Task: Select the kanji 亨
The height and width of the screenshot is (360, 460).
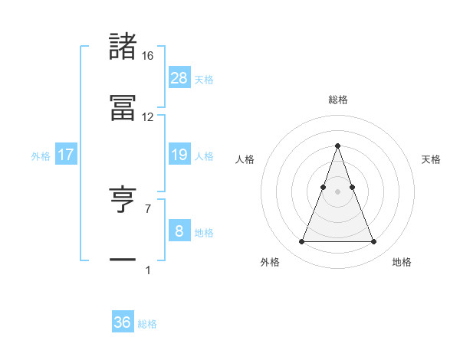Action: point(123,201)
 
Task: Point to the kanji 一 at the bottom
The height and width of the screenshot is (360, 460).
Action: point(123,260)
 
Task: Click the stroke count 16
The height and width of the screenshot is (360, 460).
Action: point(148,56)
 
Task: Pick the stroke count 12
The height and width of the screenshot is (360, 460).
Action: point(148,117)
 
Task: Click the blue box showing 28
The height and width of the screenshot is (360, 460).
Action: point(179,77)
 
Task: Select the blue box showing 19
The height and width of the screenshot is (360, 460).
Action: point(179,155)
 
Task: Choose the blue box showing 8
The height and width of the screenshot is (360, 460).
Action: point(179,231)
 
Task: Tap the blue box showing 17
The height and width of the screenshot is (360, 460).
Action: point(66,155)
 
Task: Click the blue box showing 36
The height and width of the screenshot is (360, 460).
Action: point(123,322)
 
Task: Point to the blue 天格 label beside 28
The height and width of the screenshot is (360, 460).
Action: point(204,79)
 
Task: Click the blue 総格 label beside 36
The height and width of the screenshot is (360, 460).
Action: point(147,324)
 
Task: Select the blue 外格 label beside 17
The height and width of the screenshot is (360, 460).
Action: point(41,156)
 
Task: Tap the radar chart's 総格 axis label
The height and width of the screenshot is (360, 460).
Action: point(337,100)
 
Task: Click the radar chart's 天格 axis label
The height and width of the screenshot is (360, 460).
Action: point(432,159)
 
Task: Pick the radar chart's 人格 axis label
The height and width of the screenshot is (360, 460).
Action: point(245,159)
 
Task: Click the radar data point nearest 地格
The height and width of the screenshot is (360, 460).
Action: point(373,242)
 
